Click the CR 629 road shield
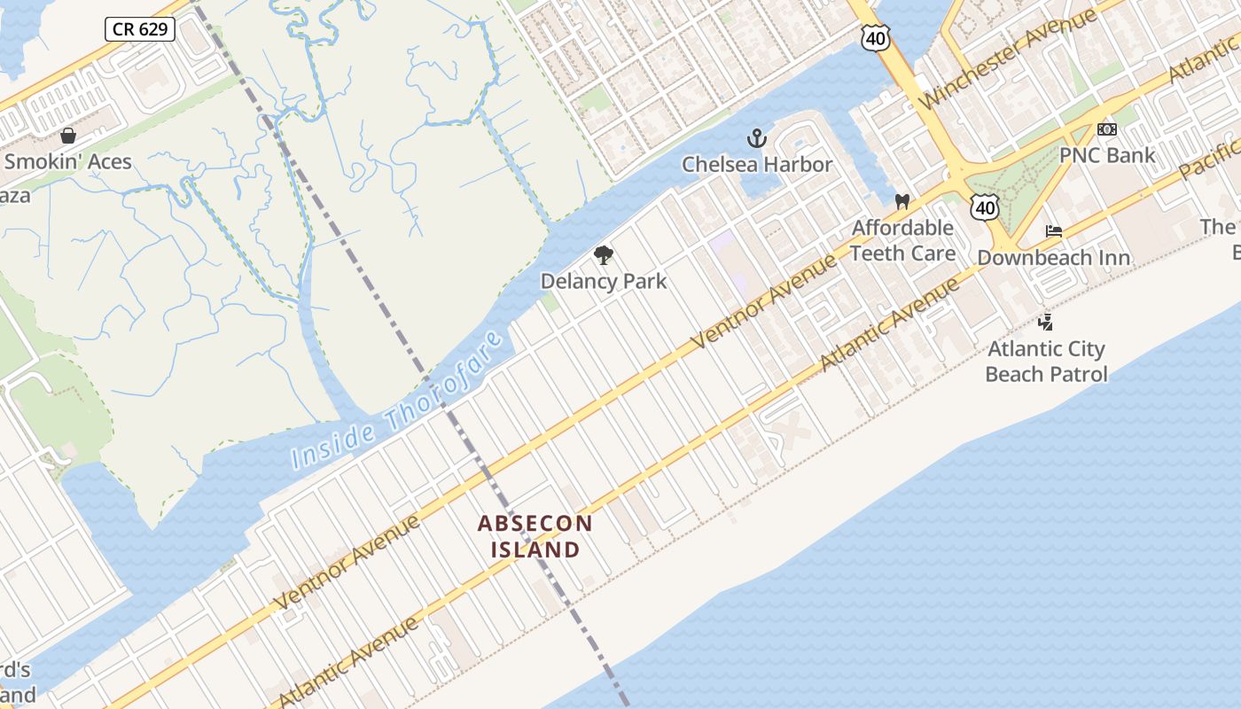[140, 29]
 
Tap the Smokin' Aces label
[68, 161]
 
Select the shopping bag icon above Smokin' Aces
[68, 136]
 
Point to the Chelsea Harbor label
[757, 164]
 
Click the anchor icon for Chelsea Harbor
[756, 137]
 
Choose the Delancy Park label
[604, 281]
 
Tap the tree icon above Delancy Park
[604, 256]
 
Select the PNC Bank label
[1107, 155]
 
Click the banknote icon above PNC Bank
[1107, 129]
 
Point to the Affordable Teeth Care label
[902, 240]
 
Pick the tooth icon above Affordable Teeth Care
[902, 202]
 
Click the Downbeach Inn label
[1053, 257]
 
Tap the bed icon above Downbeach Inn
[1053, 231]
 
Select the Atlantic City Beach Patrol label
[1046, 361]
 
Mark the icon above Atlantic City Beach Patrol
[1046, 323]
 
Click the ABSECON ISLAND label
[535, 536]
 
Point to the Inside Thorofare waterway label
[398, 400]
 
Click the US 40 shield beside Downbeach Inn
[985, 207]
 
